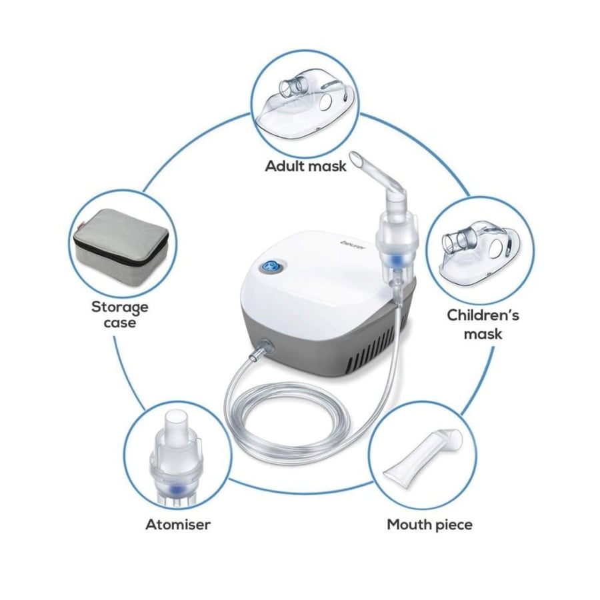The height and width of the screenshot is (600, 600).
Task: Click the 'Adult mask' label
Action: click(x=305, y=167)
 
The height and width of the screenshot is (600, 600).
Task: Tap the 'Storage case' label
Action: click(x=120, y=315)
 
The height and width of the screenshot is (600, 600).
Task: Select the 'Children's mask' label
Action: click(x=483, y=325)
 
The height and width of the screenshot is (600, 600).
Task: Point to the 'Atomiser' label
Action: click(x=178, y=524)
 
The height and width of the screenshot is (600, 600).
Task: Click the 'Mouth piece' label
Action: click(x=429, y=525)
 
